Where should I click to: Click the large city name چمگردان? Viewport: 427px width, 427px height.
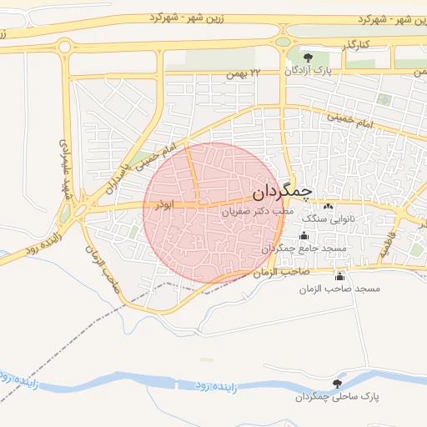281,193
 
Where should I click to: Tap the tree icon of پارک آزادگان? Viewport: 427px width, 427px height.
309,58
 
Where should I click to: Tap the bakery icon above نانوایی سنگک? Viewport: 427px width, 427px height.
329,206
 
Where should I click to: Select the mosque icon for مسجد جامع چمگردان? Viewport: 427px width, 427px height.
304,235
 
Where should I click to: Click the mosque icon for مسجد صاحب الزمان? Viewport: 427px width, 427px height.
339,275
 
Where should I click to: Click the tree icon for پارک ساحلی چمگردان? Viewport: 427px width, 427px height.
337,383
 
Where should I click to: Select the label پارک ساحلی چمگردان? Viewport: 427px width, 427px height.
331,396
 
